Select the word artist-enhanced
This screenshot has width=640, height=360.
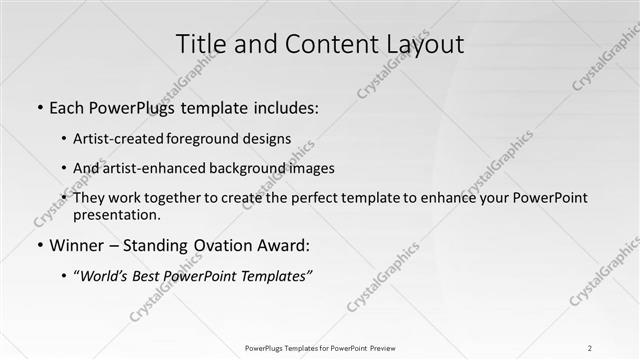[x=147, y=168]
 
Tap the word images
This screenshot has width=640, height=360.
[x=311, y=168]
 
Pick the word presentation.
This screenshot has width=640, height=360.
[x=117, y=214]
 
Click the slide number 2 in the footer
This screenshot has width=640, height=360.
[x=590, y=348]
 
